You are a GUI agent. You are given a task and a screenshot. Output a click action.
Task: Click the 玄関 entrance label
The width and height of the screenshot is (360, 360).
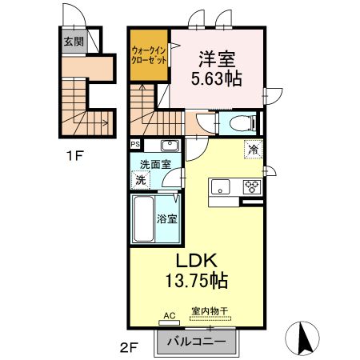pos(74,42)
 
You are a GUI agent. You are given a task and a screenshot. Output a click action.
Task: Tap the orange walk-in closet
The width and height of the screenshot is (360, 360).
pos(148,56)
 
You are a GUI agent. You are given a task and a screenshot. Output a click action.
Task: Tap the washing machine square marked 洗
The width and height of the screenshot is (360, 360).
pos(140,180)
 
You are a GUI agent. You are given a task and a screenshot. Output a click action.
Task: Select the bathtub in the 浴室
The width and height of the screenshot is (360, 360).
pos(143,215)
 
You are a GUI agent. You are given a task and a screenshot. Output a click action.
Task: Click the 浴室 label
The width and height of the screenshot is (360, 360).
pos(167,218)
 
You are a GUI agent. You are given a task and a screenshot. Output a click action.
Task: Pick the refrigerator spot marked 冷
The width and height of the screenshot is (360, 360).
pos(253,150)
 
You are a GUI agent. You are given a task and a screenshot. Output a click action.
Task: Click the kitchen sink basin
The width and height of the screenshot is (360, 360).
pos(221,187)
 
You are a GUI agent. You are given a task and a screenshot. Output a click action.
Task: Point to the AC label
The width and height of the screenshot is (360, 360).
pos(169,315)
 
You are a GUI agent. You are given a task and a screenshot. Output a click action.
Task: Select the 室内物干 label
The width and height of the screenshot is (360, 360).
pos(210,312)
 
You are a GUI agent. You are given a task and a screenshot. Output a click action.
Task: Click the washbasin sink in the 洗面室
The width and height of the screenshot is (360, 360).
pos(169,146)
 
